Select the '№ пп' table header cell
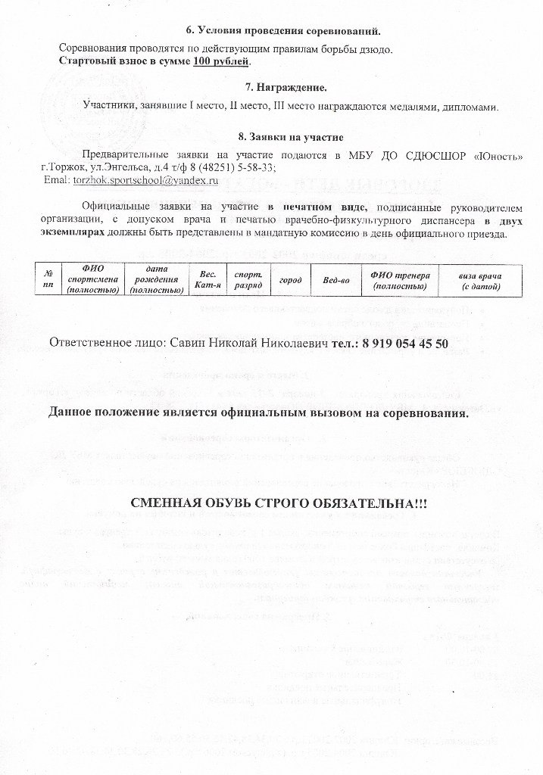pyautogui.click(x=48, y=279)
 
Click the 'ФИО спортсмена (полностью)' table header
pyautogui.click(x=92, y=279)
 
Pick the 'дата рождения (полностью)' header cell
pyautogui.click(x=155, y=279)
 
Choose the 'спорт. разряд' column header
pyautogui.click(x=244, y=279)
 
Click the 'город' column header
pyautogui.click(x=290, y=279)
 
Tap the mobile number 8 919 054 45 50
pyautogui.click(x=405, y=344)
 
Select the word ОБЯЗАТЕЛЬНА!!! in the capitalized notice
pyautogui.click(x=367, y=503)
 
